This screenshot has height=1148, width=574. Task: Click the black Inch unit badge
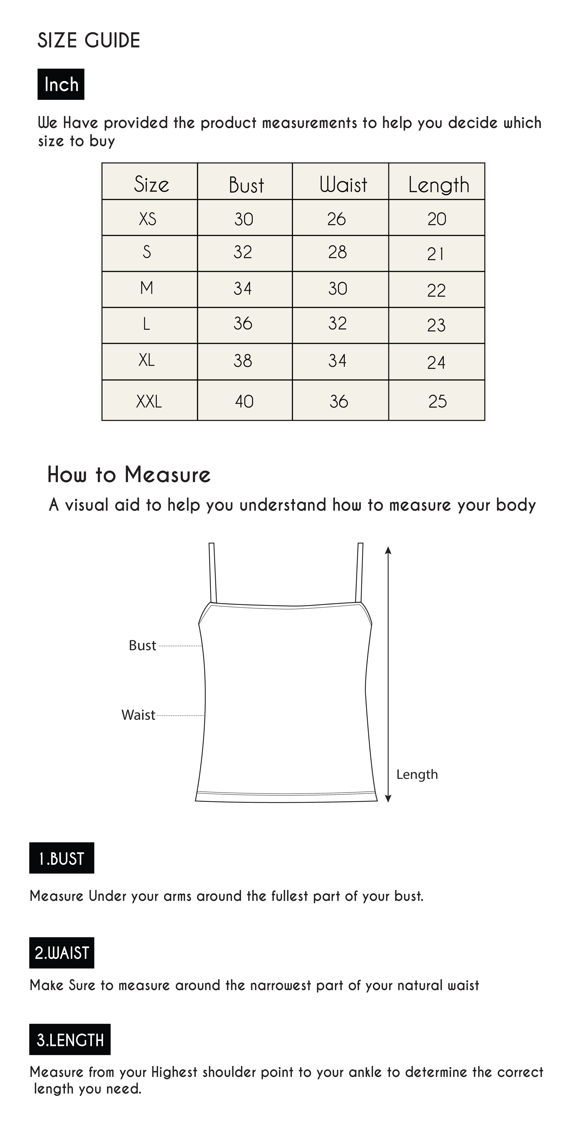click(x=61, y=84)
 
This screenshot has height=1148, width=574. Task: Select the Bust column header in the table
click(x=246, y=184)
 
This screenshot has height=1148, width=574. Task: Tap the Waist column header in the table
click(x=343, y=184)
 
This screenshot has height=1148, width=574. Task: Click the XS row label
click(x=147, y=219)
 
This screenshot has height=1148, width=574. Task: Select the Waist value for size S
click(x=337, y=252)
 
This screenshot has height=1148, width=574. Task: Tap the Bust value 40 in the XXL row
click(x=244, y=401)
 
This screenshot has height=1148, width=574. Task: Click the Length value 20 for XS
click(x=437, y=219)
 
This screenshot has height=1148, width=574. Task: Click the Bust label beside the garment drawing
click(x=142, y=645)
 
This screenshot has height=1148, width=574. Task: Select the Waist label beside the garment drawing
click(x=138, y=715)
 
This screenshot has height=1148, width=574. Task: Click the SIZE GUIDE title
click(x=89, y=41)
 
